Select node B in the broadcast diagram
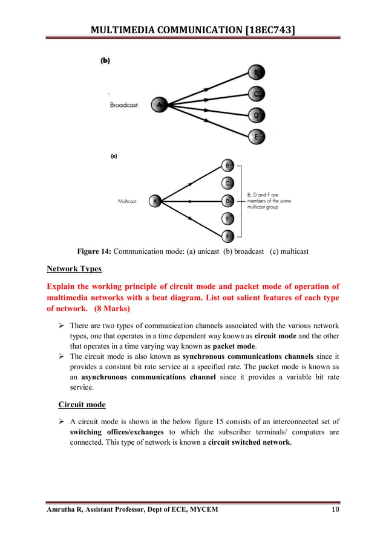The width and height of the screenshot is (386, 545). [x=257, y=73]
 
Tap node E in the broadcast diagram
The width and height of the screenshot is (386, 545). [x=257, y=137]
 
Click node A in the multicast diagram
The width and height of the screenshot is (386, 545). [x=155, y=201]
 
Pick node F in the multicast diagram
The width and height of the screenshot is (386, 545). [x=228, y=236]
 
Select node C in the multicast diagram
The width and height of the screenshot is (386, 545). [x=228, y=182]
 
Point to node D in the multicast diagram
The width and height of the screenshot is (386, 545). [x=228, y=200]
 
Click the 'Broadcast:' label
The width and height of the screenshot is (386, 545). [x=124, y=105]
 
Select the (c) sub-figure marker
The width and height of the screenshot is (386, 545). [x=113, y=156]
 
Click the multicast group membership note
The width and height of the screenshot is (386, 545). [x=269, y=201]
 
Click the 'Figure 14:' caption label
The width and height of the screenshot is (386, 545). [x=94, y=251]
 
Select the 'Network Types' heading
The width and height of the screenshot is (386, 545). [x=74, y=269]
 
